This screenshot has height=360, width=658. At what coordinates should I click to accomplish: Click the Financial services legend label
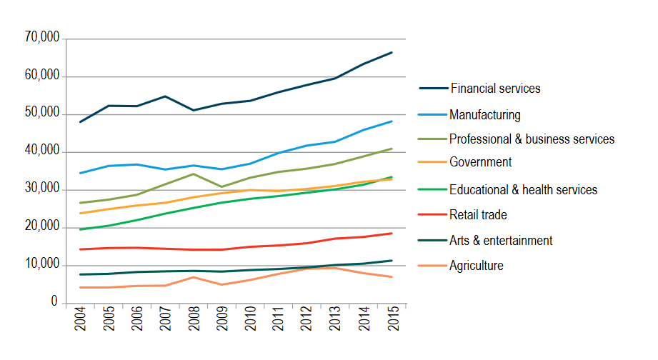point(495,89)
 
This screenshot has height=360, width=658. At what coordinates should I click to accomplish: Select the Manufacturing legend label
point(485,114)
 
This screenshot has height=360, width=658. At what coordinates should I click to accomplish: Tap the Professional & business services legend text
point(532,139)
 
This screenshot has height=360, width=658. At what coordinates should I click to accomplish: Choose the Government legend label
point(480,162)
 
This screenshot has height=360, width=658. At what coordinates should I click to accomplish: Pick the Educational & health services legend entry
point(523,189)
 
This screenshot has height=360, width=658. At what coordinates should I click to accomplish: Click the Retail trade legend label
point(478,214)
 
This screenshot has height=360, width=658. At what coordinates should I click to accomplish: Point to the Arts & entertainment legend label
point(501,241)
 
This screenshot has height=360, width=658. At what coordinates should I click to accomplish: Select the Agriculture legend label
point(476,266)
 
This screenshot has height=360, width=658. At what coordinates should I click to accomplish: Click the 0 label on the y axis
point(54,303)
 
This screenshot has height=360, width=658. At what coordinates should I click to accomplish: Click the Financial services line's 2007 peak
point(165,96)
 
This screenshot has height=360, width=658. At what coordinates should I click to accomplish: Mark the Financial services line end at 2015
point(392,52)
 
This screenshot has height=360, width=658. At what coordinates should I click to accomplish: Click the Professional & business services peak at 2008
point(194,174)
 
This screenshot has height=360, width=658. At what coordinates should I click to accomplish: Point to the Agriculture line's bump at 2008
point(194,277)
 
